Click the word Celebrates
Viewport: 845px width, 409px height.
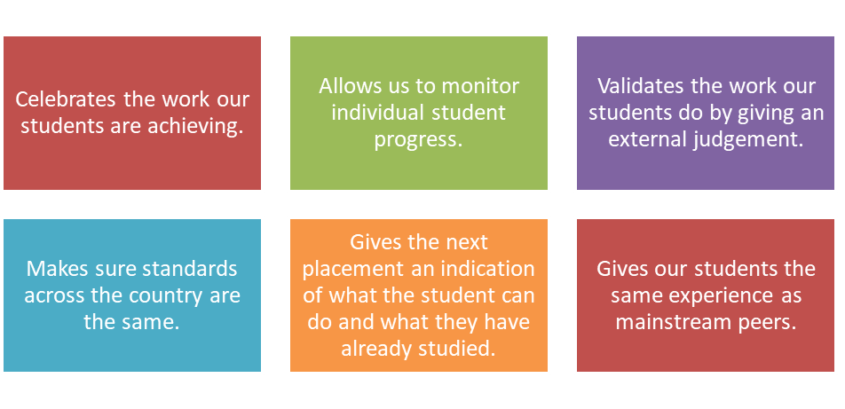[65, 99]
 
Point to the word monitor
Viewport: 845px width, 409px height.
[478, 86]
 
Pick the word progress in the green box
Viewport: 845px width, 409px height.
[419, 140]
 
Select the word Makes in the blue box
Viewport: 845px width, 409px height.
[54, 269]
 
